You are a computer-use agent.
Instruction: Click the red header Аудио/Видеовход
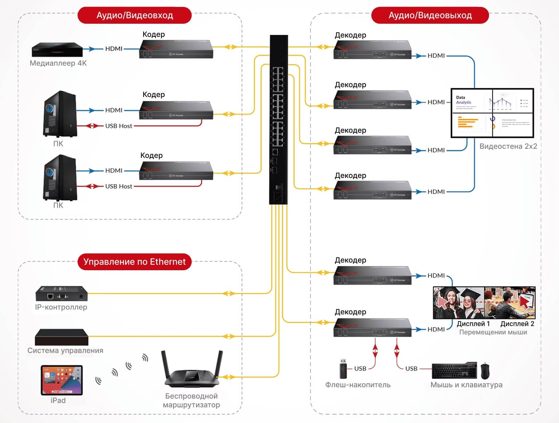134,15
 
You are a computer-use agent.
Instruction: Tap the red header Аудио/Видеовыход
430,15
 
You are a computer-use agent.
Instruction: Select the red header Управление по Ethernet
134,262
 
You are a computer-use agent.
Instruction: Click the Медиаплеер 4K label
58,63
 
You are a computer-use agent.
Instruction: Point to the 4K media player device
57,49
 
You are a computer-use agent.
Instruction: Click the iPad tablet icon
62,380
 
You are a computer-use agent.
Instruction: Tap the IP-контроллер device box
62,294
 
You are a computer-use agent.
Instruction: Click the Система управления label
66,350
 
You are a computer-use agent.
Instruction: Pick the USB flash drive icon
343,369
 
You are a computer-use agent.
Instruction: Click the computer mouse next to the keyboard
485,371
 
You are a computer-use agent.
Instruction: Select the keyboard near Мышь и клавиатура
454,371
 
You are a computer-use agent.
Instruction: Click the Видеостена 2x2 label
508,146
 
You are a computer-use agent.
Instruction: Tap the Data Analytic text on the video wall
463,100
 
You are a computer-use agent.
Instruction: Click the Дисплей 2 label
517,324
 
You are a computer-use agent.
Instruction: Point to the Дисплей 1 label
473,324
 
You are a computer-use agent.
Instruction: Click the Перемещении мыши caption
493,332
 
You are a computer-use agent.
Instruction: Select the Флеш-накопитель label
358,385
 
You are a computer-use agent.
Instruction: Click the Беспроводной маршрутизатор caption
191,400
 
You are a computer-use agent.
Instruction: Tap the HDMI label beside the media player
114,48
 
